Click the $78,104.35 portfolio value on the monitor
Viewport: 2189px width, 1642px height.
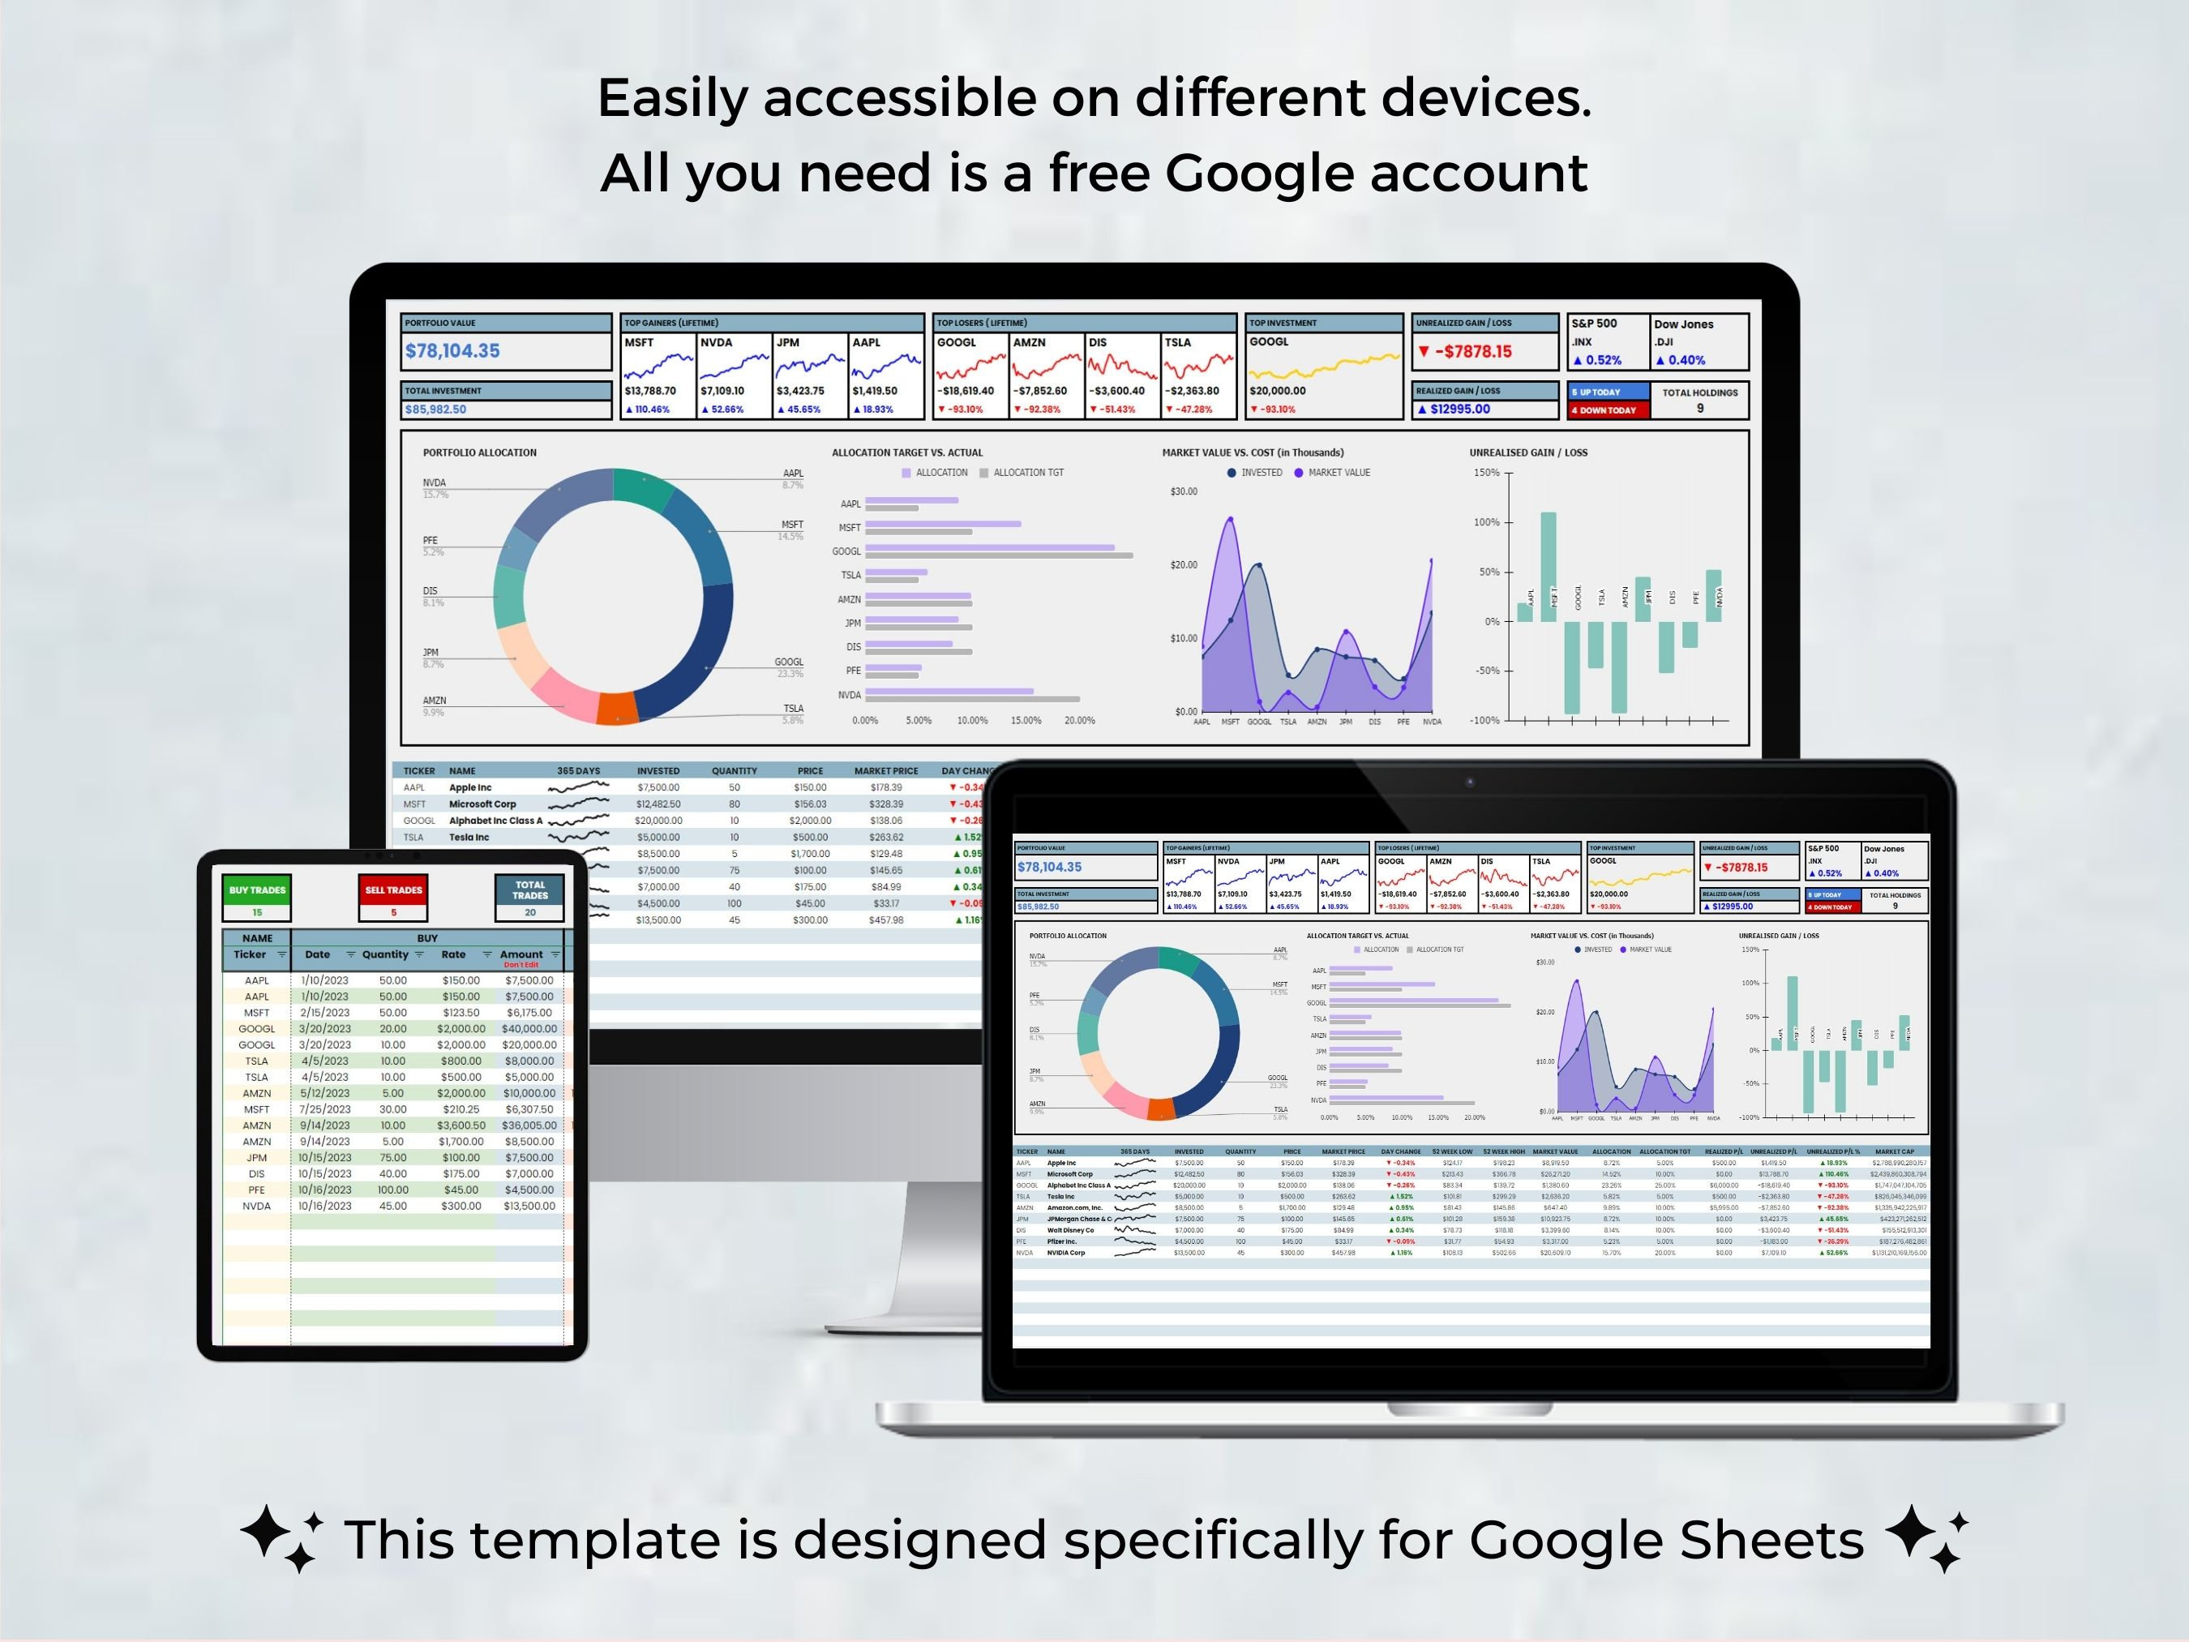coord(452,351)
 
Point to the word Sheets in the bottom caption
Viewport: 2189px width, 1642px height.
coord(1771,1540)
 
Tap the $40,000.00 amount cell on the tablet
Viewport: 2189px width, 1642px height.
coord(529,1028)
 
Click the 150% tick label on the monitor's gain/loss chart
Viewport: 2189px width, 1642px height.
coord(1486,473)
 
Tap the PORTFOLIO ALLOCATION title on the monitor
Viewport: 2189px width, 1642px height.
coord(480,452)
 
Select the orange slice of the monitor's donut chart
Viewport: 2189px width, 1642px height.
coord(616,709)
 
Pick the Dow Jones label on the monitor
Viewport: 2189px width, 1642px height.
coord(1683,324)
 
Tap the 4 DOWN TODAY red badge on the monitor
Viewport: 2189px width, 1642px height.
coord(1607,409)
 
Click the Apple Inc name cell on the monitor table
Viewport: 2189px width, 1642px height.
coord(470,788)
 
